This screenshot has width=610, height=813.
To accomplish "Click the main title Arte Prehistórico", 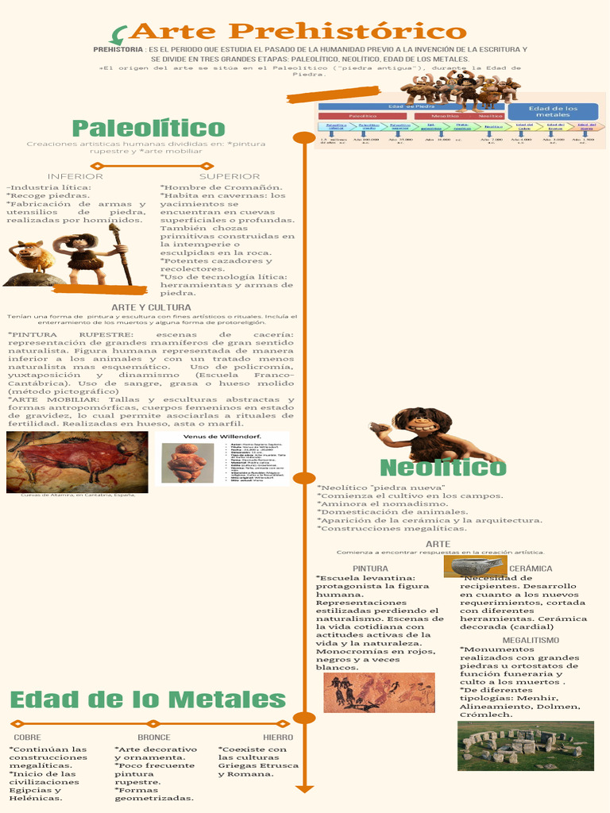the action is [298, 32].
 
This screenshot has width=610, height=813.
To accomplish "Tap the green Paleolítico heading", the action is [149, 128].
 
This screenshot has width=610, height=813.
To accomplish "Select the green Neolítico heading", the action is [442, 468].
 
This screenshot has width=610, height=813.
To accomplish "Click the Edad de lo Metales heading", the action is [148, 700].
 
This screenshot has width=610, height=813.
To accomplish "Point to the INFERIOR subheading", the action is [75, 176].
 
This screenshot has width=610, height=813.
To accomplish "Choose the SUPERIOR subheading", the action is [230, 176].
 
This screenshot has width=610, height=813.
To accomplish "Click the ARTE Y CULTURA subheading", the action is [151, 307].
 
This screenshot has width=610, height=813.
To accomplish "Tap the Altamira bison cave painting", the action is [77, 462].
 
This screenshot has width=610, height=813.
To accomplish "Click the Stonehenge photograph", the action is [525, 746].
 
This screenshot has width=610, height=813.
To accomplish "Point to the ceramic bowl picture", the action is [477, 566].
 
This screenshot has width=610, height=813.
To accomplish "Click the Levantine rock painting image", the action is [379, 693].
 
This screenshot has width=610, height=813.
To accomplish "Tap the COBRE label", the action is [28, 738].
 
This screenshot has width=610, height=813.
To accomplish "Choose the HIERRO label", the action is [277, 738].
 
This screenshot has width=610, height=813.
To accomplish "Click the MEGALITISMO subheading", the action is [531, 640].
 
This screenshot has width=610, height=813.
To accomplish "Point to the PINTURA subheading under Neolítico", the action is [370, 568].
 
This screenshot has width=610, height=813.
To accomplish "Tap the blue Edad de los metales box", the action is [553, 111].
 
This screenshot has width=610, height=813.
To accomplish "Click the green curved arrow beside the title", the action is [119, 34].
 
